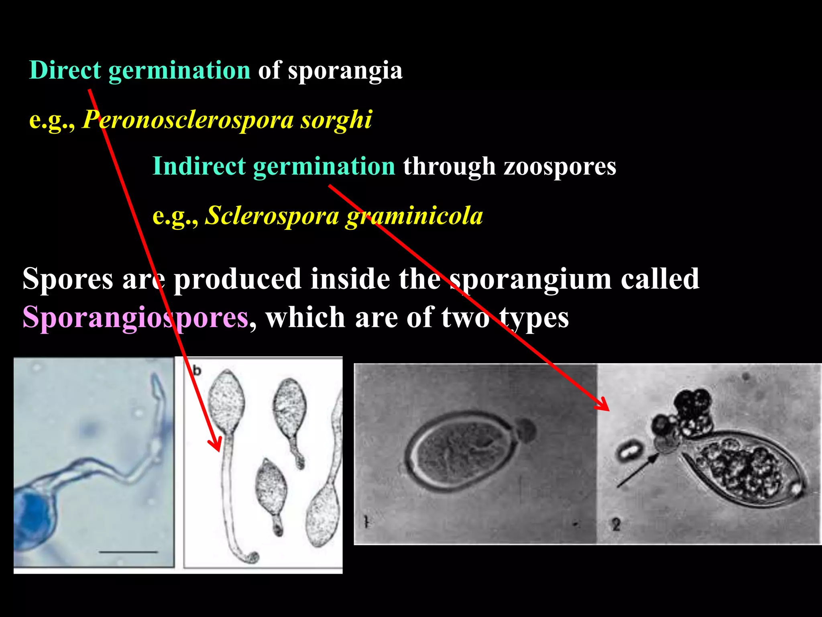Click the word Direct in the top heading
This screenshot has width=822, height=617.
tap(65, 70)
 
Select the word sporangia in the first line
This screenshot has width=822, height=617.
tap(345, 71)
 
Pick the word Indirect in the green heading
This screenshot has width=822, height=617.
tap(199, 166)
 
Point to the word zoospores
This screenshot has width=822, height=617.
tap(560, 167)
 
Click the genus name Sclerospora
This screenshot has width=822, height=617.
tap(272, 216)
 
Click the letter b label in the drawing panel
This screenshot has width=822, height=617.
tap(197, 370)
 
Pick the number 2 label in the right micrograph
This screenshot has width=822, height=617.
tap(616, 525)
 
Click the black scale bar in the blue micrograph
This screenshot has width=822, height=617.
tap(128, 552)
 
